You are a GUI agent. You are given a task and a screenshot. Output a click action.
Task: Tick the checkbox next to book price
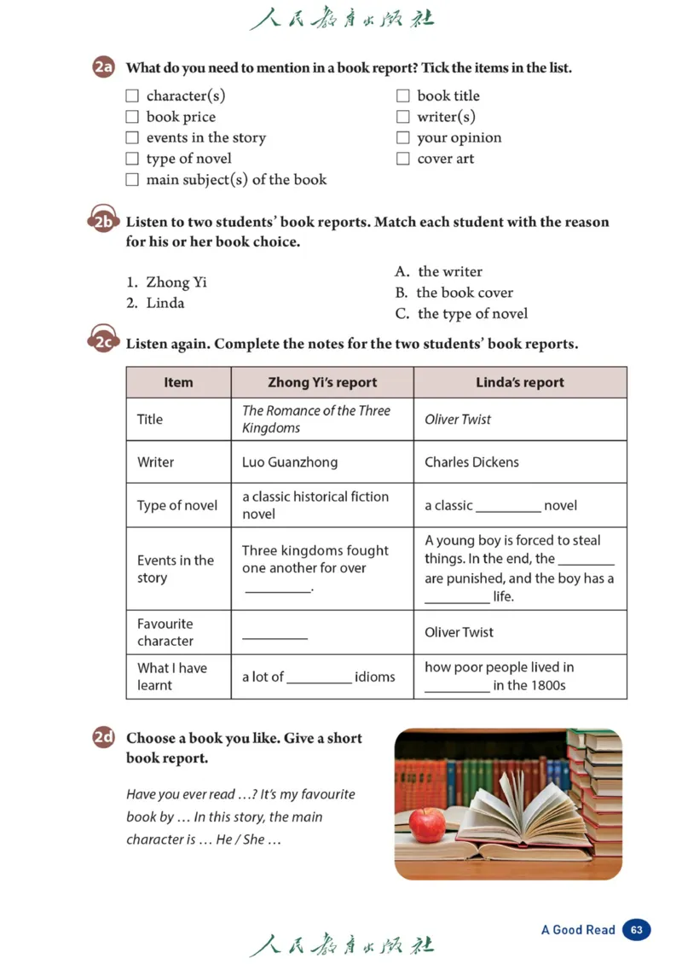(132, 117)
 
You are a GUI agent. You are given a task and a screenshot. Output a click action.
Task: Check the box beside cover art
(403, 159)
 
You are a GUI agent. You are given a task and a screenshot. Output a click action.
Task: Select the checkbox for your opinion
(403, 137)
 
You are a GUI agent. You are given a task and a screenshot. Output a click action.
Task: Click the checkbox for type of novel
(132, 159)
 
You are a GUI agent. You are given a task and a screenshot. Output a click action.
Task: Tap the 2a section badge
(104, 67)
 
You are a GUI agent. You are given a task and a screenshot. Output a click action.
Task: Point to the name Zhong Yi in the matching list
(176, 282)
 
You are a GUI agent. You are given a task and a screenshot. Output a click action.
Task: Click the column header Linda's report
(520, 382)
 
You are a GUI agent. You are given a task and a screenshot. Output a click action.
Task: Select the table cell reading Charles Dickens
(471, 462)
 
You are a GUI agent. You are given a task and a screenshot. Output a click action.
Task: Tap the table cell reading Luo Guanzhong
(290, 462)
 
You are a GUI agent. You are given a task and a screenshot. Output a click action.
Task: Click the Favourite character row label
(165, 632)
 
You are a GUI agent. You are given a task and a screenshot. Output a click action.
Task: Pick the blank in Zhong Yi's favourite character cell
(275, 635)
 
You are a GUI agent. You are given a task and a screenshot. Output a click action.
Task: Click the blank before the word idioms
(320, 681)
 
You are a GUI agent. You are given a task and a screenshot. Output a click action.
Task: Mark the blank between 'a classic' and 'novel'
(508, 509)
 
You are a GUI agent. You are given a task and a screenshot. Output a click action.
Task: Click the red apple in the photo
(426, 823)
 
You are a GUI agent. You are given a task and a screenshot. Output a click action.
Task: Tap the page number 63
(637, 930)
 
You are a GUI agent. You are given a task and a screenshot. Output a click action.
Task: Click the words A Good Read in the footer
(578, 930)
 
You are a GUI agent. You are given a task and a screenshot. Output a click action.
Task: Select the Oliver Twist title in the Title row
(458, 420)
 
